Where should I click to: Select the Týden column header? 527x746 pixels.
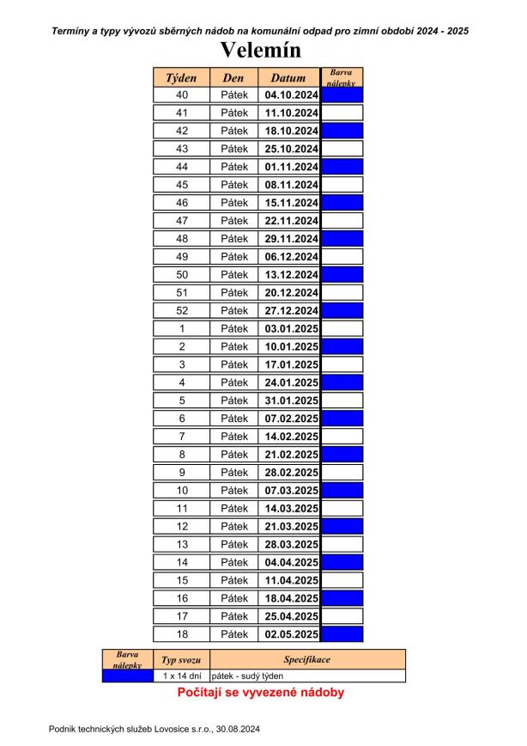[x=181, y=77]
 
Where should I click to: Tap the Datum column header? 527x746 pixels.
[x=288, y=77]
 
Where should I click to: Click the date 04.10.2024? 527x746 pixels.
[x=288, y=95]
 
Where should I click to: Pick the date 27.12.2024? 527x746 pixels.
[x=288, y=310]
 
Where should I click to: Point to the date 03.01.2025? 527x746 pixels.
[x=288, y=328]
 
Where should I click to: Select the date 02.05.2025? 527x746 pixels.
[x=288, y=634]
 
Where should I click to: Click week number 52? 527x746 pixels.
[x=181, y=310]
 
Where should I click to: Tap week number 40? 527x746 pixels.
[x=181, y=95]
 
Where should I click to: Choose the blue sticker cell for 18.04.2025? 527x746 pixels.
[x=342, y=598]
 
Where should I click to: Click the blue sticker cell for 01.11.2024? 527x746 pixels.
[x=342, y=167]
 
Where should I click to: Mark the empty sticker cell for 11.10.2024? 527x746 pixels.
[x=342, y=113]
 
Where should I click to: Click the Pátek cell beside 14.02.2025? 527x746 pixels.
[x=233, y=437]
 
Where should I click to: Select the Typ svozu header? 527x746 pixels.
[x=181, y=660]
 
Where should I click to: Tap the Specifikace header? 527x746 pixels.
[x=306, y=660]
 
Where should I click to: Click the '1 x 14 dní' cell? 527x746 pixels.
[x=181, y=676]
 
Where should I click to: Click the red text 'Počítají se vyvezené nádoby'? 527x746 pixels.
[x=261, y=692]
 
